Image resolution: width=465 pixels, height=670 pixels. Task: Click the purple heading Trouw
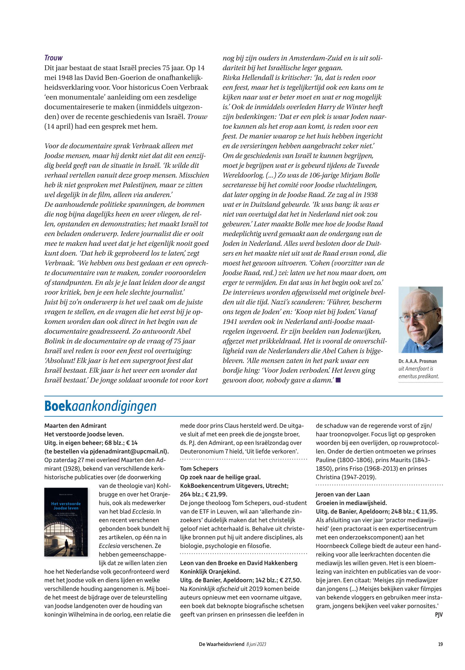(x=53, y=58)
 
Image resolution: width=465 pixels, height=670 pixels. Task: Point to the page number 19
(x=440, y=644)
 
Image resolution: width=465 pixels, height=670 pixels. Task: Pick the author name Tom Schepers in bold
(x=199, y=468)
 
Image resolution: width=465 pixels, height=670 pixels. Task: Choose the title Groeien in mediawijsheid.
(x=351, y=502)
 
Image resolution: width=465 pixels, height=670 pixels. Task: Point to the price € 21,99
(x=216, y=494)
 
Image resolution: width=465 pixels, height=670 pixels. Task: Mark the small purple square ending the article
(x=338, y=380)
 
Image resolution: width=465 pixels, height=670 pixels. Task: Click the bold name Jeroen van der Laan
(x=343, y=494)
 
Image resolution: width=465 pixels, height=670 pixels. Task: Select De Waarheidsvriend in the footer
(x=222, y=644)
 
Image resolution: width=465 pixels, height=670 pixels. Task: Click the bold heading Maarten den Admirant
(x=75, y=426)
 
